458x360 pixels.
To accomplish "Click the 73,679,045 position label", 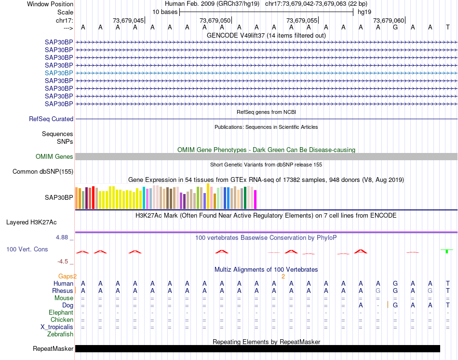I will coord(128,20).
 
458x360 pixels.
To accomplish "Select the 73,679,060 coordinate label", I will coord(389,20).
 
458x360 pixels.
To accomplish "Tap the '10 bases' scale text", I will coord(165,12).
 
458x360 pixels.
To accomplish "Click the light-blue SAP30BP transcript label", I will coord(59,73).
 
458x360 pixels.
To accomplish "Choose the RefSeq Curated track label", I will coord(51,119).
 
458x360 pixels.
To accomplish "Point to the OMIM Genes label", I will coord(54,156).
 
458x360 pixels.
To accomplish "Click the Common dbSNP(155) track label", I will coord(43,171).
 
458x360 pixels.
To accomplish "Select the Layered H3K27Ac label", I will coord(31,222).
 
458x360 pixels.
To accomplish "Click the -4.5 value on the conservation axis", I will coord(63,261).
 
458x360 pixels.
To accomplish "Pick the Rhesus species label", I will coord(63,291).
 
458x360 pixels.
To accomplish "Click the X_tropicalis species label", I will coord(57,327).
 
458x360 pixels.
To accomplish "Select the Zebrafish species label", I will coord(60,334).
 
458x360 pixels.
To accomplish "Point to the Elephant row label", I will coord(61,312).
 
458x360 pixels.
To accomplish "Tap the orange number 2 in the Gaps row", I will coord(283,276).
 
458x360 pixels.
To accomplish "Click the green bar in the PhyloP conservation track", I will coord(447,251).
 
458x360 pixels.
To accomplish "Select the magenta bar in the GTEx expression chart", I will coord(255,199).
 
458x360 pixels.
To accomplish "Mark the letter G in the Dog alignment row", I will coord(395,305).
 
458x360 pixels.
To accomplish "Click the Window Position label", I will coord(50,4).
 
